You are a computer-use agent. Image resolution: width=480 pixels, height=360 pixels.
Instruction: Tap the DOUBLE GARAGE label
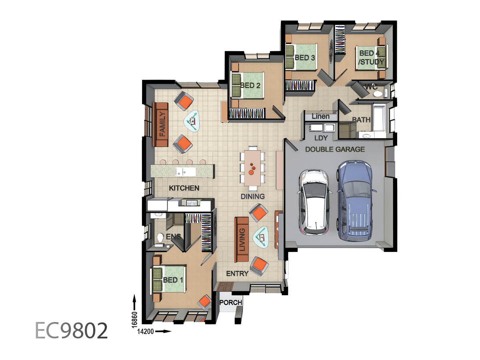[335, 149]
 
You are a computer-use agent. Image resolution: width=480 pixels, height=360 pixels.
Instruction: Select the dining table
[252, 168]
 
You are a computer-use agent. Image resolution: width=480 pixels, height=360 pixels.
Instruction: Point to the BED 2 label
[250, 86]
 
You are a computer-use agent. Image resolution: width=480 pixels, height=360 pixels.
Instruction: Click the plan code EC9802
[71, 331]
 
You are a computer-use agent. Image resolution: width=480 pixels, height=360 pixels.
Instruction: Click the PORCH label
[231, 302]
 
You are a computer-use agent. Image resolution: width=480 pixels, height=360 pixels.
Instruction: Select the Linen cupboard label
[320, 116]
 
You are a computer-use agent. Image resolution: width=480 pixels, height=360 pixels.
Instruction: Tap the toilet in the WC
[378, 94]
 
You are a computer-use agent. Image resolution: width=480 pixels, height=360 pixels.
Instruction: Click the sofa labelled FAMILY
[160, 124]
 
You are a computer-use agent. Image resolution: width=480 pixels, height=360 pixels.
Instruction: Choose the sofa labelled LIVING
[242, 239]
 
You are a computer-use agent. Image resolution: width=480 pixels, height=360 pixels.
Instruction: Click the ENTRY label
[237, 274]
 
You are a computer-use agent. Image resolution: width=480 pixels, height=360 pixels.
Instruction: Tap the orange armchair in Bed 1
[205, 302]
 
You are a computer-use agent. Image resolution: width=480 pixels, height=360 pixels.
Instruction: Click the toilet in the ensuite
[160, 238]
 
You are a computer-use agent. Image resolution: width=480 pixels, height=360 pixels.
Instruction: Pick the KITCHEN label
[184, 188]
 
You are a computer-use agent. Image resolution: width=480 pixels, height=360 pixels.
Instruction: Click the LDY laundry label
[321, 138]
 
